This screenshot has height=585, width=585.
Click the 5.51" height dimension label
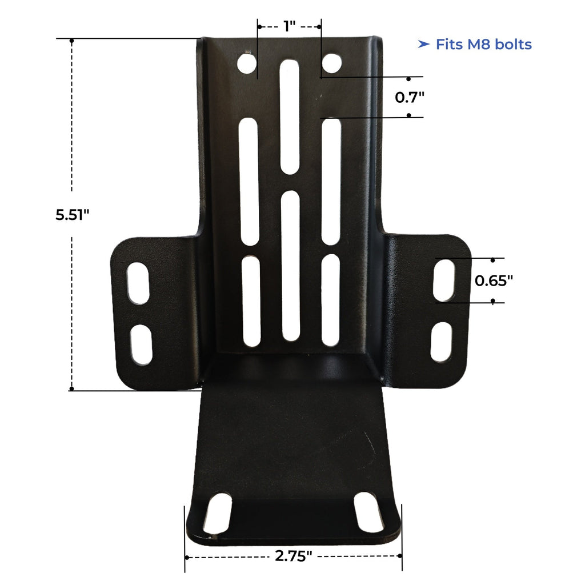(73, 215)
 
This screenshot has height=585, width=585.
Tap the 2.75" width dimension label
(293, 556)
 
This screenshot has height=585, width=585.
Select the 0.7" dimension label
(410, 97)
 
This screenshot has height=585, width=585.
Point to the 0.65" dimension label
(494, 280)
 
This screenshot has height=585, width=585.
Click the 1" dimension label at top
(289, 26)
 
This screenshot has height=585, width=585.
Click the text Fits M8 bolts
(483, 45)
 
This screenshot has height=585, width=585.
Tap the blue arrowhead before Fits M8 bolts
(423, 45)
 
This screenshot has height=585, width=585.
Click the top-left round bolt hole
(247, 64)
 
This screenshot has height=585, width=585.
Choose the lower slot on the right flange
(441, 342)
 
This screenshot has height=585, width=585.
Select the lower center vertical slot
(290, 265)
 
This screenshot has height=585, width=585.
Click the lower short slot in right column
(331, 300)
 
